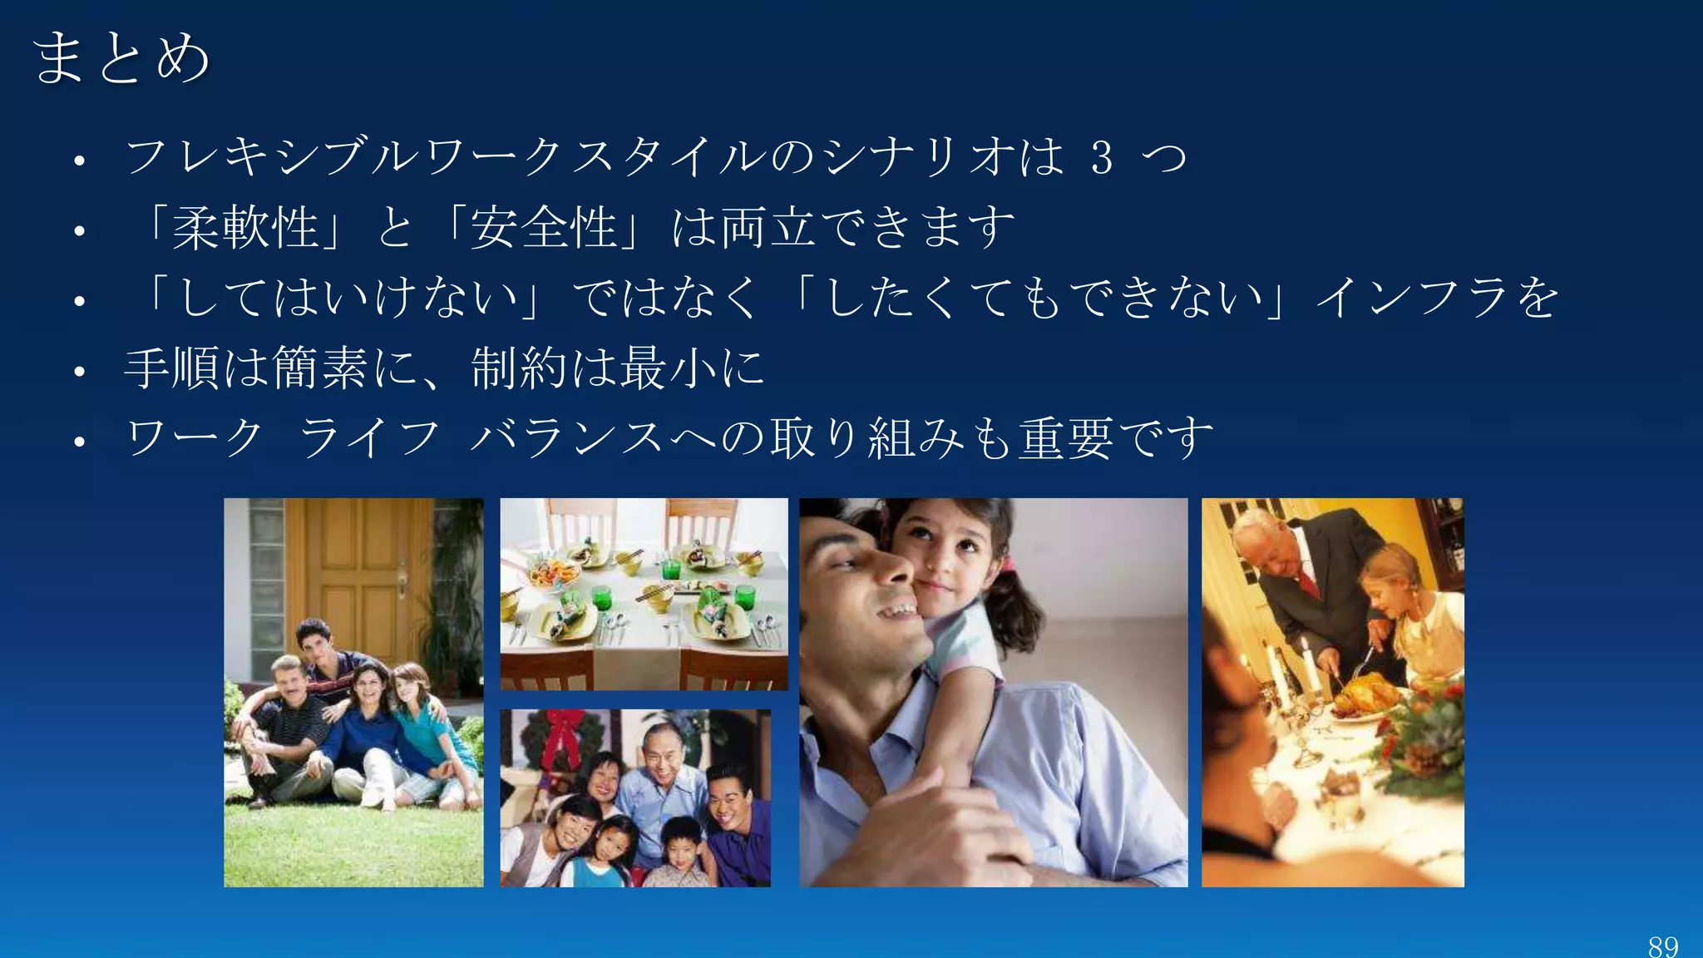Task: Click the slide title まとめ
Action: click(121, 58)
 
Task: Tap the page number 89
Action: click(1663, 946)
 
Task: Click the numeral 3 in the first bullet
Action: click(1102, 158)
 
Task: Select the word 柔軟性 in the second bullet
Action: click(245, 228)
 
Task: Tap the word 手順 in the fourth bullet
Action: click(172, 368)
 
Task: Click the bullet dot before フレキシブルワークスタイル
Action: click(80, 160)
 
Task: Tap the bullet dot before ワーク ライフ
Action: click(80, 441)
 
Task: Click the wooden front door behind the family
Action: click(358, 574)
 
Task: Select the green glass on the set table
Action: click(601, 597)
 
